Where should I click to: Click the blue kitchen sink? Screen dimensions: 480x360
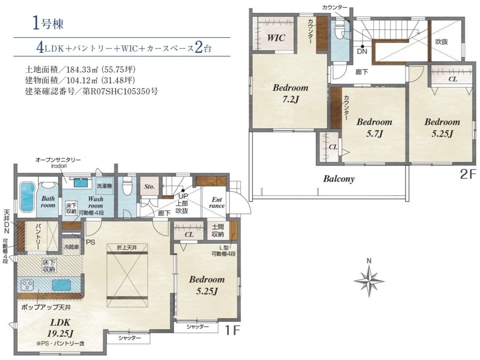pyautogui.click(x=61, y=285)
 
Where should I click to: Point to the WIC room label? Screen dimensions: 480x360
pyautogui.click(x=276, y=38)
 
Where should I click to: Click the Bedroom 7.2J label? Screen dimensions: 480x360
pyautogui.click(x=291, y=94)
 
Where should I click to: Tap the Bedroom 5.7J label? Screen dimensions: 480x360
pyautogui.click(x=374, y=127)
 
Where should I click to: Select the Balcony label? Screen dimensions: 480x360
pyautogui.click(x=339, y=179)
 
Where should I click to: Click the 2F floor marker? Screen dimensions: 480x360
pyautogui.click(x=468, y=175)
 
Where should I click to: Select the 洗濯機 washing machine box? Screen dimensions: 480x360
pyautogui.click(x=105, y=186)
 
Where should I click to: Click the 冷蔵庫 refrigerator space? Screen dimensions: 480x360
pyautogui.click(x=71, y=247)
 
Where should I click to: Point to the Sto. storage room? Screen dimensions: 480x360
pyautogui.click(x=150, y=186)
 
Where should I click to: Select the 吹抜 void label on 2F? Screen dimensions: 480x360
pyautogui.click(x=441, y=42)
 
